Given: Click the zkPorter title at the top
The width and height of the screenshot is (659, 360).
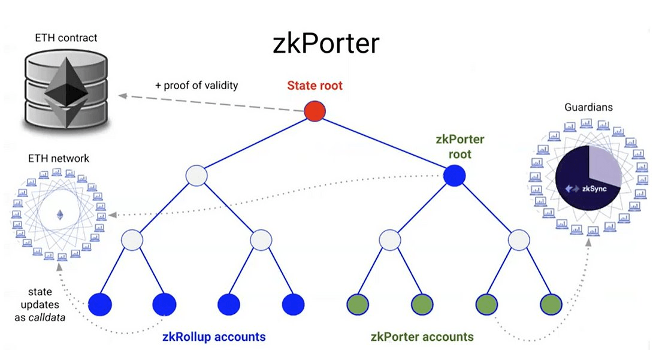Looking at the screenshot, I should (326, 44).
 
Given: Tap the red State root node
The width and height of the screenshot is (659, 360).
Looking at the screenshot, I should (314, 111).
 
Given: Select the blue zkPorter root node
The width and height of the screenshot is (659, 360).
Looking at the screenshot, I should (454, 176).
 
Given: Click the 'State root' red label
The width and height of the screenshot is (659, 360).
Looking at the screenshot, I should (315, 86).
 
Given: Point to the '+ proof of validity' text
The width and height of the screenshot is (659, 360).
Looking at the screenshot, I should (196, 85).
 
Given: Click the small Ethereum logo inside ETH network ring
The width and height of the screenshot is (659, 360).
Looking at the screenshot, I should (59, 214).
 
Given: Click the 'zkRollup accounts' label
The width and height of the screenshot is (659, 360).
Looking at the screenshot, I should (213, 337).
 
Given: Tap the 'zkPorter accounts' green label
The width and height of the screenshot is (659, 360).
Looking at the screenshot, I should (422, 337).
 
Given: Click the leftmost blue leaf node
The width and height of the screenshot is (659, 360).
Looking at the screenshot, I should (99, 304).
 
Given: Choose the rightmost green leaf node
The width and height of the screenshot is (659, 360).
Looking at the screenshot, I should (551, 304).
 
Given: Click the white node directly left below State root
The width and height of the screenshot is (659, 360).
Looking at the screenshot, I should (196, 176).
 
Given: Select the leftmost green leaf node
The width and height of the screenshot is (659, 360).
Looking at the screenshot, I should (358, 304).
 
